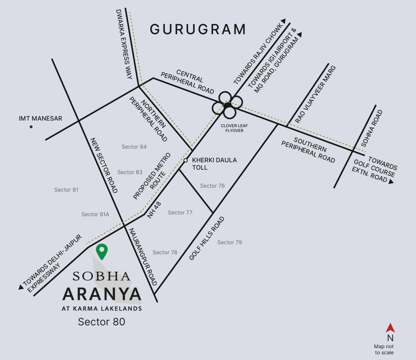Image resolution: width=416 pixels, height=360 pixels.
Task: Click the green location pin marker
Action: [102, 251]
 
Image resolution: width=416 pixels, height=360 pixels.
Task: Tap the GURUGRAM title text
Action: [198, 29]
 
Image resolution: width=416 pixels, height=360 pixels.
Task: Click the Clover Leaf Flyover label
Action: [231, 128]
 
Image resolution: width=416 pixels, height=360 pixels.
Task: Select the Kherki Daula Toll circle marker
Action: [185, 160]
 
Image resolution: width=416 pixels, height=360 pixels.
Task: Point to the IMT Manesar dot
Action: [31, 127]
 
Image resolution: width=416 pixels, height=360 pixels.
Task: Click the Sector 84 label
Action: [134, 147]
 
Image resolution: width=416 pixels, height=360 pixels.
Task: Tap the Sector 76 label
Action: [212, 186]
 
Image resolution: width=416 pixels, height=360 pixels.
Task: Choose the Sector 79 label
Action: [229, 242]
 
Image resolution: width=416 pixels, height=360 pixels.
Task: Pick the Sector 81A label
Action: [95, 214]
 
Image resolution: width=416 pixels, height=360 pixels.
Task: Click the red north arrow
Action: [390, 328]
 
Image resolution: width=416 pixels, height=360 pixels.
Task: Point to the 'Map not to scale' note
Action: [384, 349]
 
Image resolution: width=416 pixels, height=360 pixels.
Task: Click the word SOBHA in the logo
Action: [101, 276]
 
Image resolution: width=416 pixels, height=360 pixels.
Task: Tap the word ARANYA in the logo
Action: [102, 294]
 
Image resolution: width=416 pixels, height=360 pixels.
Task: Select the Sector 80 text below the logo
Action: [101, 322]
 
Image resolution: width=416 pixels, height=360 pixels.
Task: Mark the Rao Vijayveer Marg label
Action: [315, 94]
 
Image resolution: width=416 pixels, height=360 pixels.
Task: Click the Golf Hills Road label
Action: [207, 239]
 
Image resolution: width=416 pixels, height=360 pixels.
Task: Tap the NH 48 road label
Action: [154, 210]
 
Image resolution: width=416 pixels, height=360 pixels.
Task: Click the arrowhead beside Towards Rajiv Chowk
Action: [284, 21]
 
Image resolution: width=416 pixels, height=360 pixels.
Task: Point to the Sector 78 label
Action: [165, 253]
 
